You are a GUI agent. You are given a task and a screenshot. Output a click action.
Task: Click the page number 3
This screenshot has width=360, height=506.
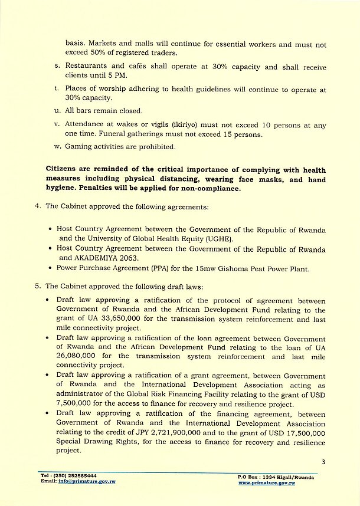pyautogui.click(x=324, y=462)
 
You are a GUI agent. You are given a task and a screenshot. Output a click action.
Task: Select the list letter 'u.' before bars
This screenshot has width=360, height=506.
pyautogui.click(x=57, y=110)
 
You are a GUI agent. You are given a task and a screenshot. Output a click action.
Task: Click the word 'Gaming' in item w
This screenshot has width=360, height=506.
pyautogui.click(x=80, y=146)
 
